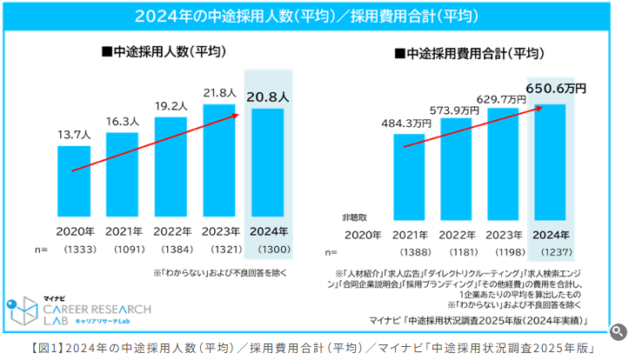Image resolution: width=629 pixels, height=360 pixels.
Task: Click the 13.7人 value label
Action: pos(73,136)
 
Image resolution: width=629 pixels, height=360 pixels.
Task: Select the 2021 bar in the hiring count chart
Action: pos(122,174)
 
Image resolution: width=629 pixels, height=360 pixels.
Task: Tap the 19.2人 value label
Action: pos(171,107)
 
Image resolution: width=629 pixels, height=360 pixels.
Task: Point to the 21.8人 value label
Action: pos(219,92)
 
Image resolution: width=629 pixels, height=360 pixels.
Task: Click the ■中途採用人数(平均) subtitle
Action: pos(164,52)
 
